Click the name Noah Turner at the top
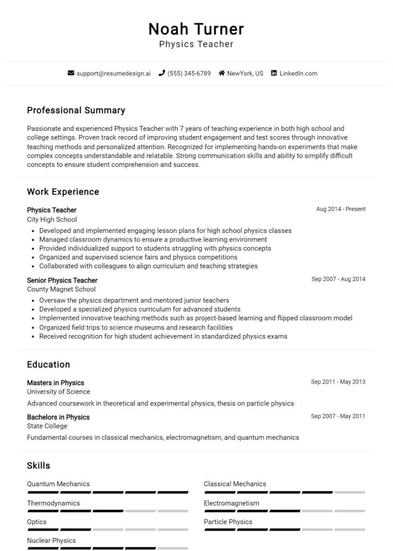[x=196, y=29]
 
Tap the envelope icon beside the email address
[x=71, y=73]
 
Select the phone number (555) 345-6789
[x=188, y=73]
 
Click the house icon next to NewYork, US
[x=221, y=73]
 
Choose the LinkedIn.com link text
[x=298, y=73]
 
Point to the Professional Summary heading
[x=76, y=110]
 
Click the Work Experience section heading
[x=63, y=192]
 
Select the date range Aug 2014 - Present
[x=340, y=209]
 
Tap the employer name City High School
[x=52, y=220]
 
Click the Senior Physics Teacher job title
[x=62, y=280]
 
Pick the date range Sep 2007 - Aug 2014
[x=338, y=279]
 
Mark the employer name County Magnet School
[x=61, y=289]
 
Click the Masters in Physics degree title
[x=55, y=383]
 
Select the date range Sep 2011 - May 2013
[x=338, y=382]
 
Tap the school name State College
[x=47, y=426]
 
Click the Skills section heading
[x=38, y=465]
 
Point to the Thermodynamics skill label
[x=53, y=503]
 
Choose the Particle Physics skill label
[x=228, y=522]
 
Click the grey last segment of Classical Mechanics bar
[x=349, y=492]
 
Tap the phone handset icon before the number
[x=162, y=73]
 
